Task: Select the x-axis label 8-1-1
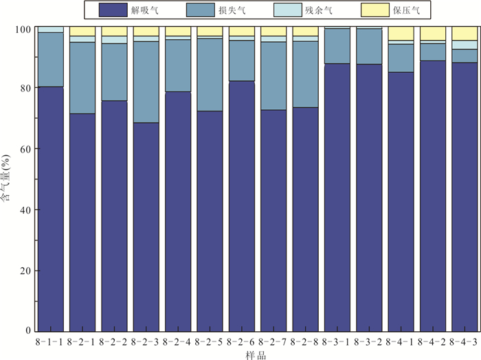(51, 341)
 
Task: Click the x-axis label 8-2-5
(210, 341)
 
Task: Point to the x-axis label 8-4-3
(465, 341)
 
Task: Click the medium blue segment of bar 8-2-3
(146, 82)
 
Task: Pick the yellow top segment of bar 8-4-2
(433, 34)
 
